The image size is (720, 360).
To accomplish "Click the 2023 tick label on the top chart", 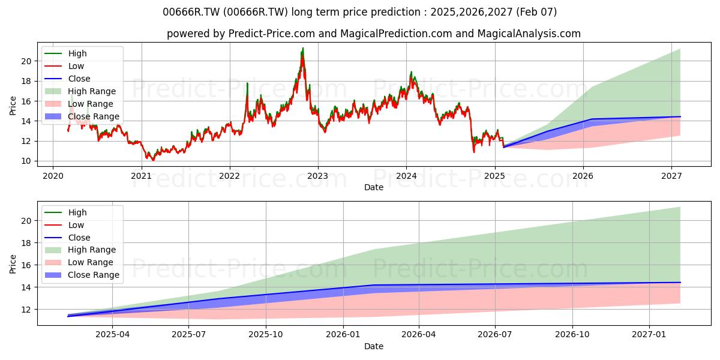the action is coord(318,176).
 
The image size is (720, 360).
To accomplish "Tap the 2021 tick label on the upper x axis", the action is coord(142,176).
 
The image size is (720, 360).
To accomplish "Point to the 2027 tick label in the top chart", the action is coord(671,176).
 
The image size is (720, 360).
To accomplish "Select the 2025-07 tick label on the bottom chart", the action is coord(188,335).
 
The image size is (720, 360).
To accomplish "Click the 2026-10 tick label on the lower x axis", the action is coord(572,335).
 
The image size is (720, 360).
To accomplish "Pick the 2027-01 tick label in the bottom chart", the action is coord(649,335).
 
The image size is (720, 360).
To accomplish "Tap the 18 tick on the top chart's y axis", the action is coord(26,82).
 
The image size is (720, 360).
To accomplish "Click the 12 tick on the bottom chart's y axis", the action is coord(26,310).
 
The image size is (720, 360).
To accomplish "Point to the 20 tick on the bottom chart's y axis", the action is coord(26,221).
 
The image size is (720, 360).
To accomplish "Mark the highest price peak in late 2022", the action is coord(302,48).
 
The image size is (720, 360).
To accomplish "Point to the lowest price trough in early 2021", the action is coord(153,160).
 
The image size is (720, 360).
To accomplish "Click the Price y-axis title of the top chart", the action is coord(13,106).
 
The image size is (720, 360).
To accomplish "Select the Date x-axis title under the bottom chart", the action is coord(373,346).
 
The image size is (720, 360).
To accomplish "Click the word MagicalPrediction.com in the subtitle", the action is coord(396,34).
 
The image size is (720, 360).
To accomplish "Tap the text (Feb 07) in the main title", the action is coord(536,12).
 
